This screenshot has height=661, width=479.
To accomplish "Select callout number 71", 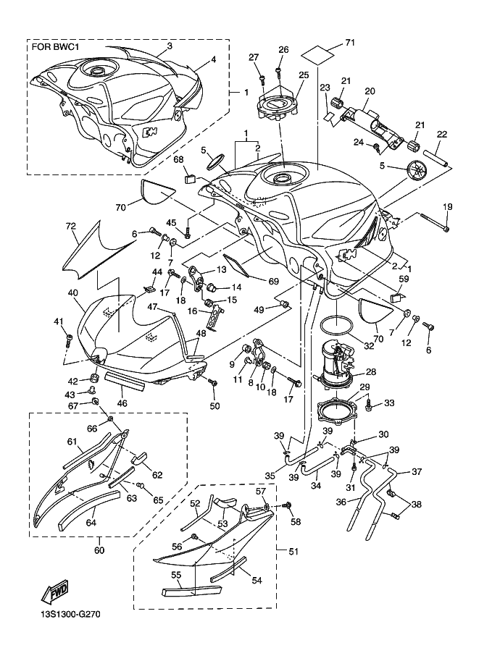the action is [350, 43].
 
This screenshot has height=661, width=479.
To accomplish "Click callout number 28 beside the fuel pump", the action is [370, 371].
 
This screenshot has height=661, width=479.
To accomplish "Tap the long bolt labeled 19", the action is [434, 222].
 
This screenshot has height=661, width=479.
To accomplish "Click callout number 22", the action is [442, 134].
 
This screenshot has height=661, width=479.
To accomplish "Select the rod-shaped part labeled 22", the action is [435, 158].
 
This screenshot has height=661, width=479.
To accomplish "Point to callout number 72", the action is [70, 227].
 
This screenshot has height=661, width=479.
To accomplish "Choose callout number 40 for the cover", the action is [73, 292].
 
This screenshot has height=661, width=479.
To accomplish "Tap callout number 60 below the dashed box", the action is [99, 550].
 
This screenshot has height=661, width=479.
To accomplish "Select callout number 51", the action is [293, 551].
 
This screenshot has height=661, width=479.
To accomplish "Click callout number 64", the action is [91, 523].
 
